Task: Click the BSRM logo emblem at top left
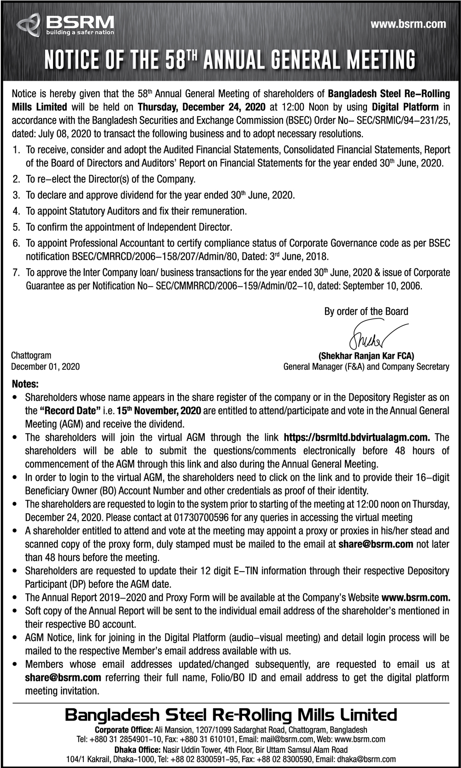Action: (x=29, y=24)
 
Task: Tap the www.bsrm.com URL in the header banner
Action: (x=408, y=24)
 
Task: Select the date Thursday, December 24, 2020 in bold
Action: (x=201, y=107)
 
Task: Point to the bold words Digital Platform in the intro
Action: (x=405, y=107)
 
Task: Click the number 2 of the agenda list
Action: (x=16, y=179)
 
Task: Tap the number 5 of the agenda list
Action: (x=16, y=227)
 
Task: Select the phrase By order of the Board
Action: (x=366, y=311)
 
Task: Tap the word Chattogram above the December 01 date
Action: (x=31, y=355)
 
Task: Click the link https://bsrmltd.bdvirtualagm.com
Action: (x=357, y=437)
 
